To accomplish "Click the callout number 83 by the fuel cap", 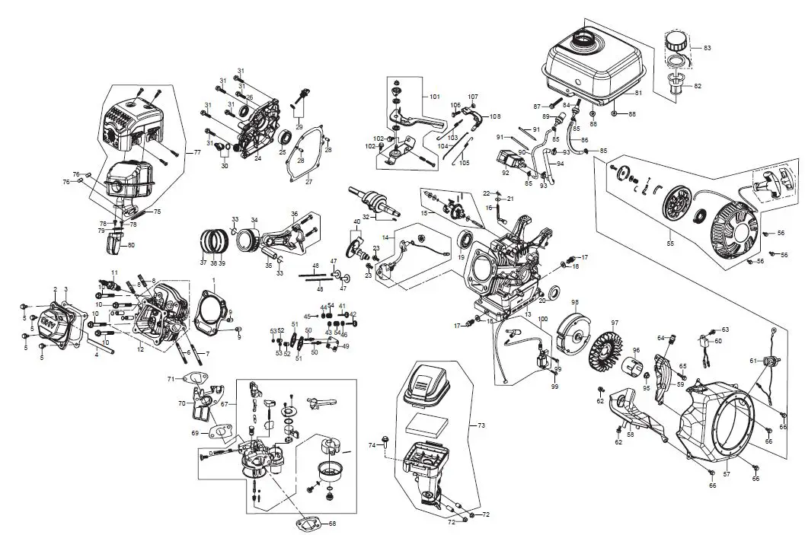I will click(x=707, y=48).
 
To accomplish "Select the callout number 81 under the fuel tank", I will click(x=638, y=93).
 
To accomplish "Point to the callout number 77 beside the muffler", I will click(x=196, y=153).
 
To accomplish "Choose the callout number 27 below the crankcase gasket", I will click(x=309, y=182).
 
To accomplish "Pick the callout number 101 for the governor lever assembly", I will click(x=435, y=97).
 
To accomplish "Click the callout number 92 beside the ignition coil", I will click(x=505, y=173).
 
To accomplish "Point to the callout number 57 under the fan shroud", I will click(x=726, y=473).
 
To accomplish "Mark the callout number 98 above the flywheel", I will click(x=575, y=302).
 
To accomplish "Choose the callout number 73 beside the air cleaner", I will click(x=481, y=424).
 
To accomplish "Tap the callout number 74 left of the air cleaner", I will click(x=372, y=444).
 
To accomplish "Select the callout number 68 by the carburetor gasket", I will click(x=332, y=524).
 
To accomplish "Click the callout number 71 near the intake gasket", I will click(x=171, y=378).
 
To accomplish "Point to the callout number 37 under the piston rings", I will click(x=203, y=263).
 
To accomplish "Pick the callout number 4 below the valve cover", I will click(x=96, y=355).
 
